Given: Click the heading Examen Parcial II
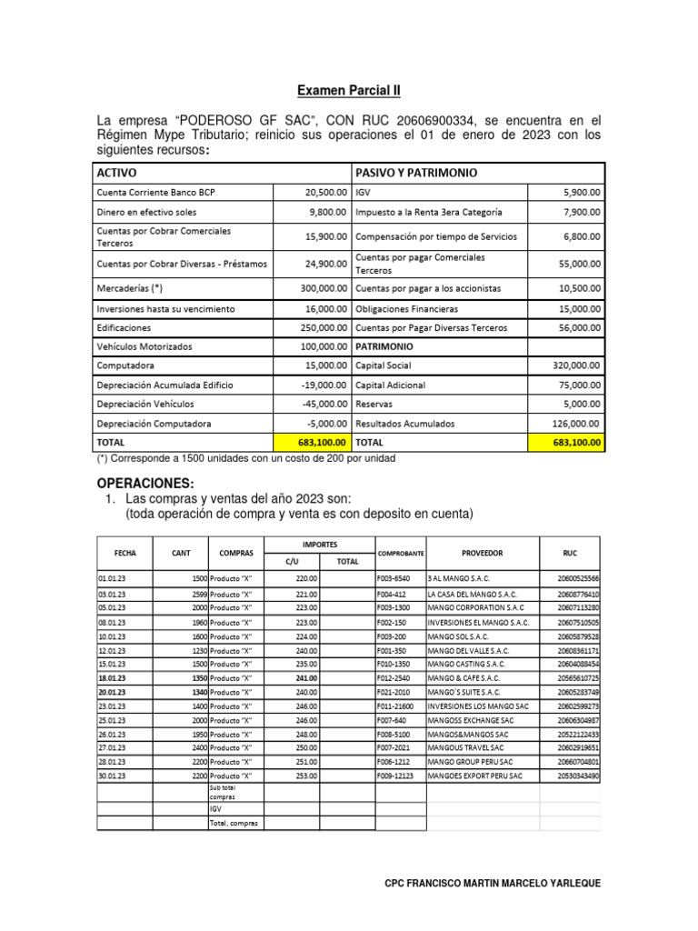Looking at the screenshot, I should pos(349,91).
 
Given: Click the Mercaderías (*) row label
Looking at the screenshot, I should pos(129,288).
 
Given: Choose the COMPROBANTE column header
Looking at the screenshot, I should pos(399,553).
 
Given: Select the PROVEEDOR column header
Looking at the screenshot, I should pos(482,553).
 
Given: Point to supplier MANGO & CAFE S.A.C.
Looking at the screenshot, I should pos(467,677).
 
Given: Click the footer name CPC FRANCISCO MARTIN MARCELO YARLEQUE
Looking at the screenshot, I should pos(493,883).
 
